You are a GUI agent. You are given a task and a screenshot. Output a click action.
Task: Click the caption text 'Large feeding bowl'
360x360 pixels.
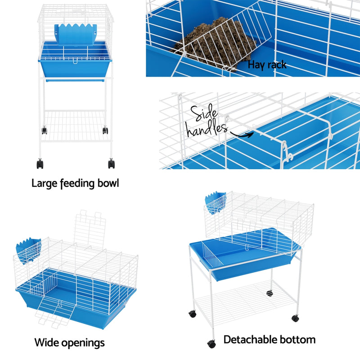pyautogui.click(x=75, y=184)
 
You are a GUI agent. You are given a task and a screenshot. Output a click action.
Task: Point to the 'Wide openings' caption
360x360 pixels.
pyautogui.click(x=70, y=342)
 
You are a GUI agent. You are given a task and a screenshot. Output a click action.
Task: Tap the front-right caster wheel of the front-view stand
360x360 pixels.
pyautogui.click(x=111, y=163)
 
